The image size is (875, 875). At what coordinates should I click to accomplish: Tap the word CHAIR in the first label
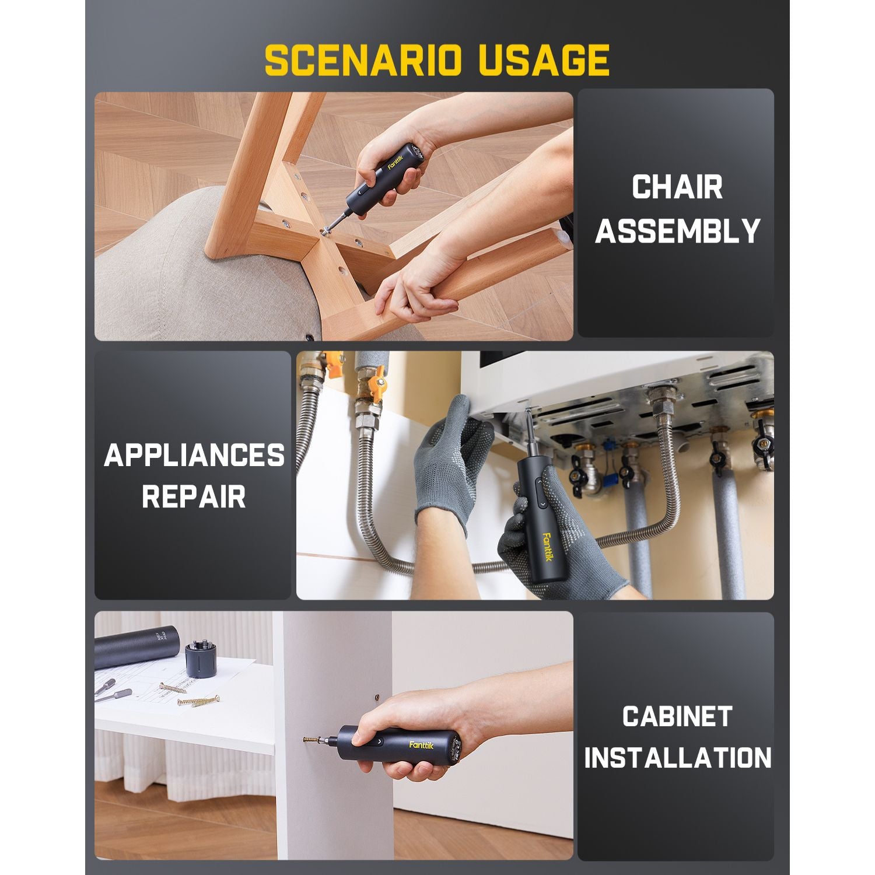click(677, 187)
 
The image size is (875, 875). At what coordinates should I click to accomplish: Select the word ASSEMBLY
click(677, 231)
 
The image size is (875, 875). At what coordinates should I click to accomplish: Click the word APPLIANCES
click(194, 455)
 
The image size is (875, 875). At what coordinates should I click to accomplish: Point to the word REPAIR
click(194, 497)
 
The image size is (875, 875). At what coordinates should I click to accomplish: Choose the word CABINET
click(677, 716)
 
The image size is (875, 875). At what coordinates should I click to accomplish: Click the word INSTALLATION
click(677, 758)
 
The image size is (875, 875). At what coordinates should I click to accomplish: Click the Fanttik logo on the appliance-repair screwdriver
click(547, 547)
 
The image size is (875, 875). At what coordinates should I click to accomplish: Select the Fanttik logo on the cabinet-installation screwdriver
click(421, 745)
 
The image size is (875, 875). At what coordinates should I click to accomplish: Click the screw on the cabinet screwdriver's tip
click(314, 740)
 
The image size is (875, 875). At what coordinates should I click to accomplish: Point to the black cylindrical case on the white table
click(137, 646)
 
